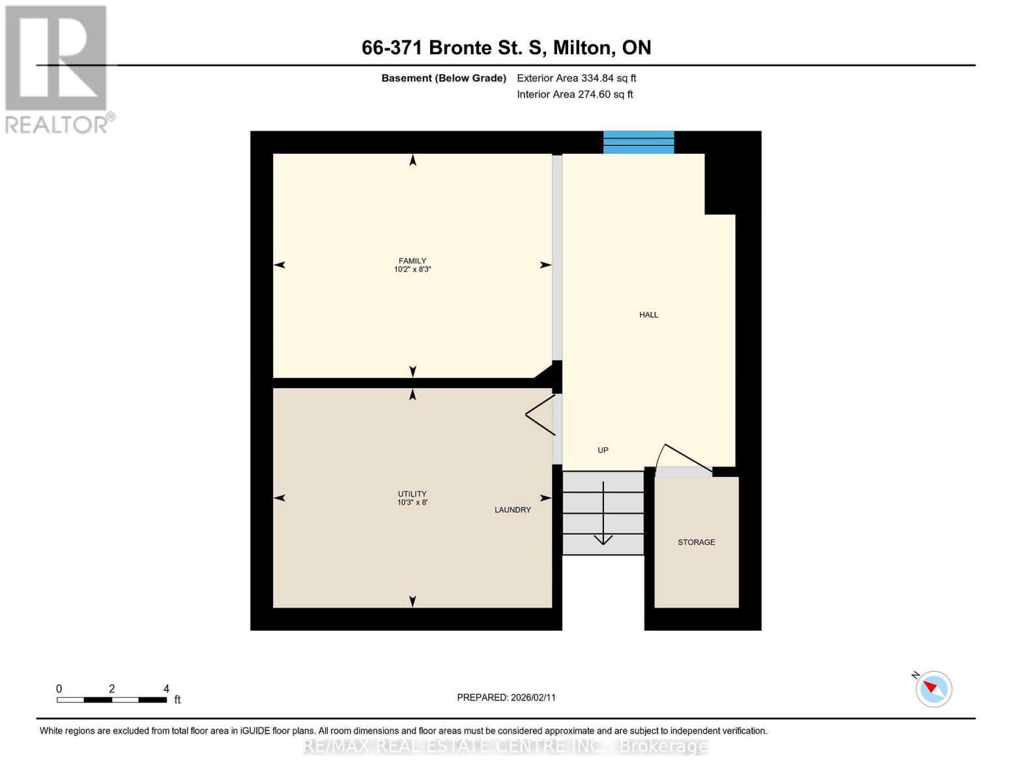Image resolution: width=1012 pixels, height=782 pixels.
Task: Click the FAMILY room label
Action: click(x=412, y=261)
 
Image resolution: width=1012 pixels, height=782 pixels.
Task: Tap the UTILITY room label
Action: click(x=412, y=494)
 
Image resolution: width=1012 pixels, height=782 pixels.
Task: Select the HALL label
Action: click(x=648, y=315)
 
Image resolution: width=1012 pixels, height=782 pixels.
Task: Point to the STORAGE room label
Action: click(x=696, y=542)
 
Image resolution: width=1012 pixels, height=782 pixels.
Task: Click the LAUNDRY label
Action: click(x=513, y=510)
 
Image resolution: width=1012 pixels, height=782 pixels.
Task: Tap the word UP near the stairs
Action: click(x=603, y=450)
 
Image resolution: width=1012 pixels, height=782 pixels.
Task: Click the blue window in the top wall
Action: click(x=639, y=142)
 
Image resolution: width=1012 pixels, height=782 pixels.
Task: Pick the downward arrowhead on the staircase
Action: click(x=603, y=540)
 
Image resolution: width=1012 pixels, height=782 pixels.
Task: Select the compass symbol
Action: click(x=933, y=689)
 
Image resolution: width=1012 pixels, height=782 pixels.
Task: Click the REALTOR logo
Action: click(x=59, y=70)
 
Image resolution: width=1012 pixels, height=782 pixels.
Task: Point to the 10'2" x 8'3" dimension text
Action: click(x=412, y=269)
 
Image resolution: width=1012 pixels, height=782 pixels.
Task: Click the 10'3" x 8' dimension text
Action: click(x=412, y=502)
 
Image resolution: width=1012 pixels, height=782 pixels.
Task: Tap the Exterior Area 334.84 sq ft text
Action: click(x=576, y=78)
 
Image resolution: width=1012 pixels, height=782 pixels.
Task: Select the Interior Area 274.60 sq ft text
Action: click(x=575, y=94)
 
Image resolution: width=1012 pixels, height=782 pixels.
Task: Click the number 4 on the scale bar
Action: click(x=166, y=688)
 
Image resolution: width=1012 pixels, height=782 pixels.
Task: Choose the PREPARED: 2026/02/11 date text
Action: click(x=506, y=697)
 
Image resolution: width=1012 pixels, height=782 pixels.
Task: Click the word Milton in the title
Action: click(x=582, y=48)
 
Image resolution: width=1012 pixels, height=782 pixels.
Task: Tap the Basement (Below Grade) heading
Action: click(x=443, y=78)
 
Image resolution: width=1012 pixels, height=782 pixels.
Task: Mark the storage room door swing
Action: click(x=682, y=458)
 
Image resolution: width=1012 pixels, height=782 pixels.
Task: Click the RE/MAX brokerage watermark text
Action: click(x=506, y=746)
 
